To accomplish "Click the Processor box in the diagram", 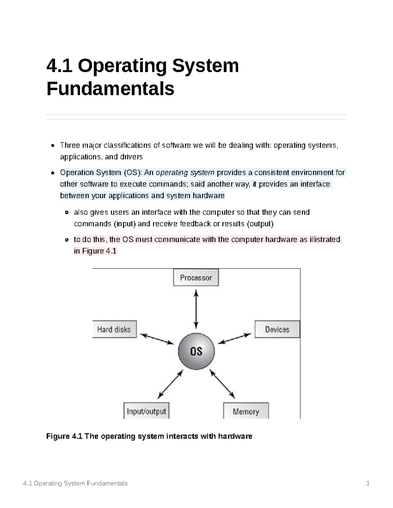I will [196, 277].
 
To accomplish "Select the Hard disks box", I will [114, 329].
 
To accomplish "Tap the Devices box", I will [277, 329].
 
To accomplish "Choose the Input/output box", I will [146, 411].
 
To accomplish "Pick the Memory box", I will [246, 411].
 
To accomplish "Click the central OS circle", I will [196, 351].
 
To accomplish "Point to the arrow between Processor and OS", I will [196, 309].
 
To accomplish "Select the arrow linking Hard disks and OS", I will [157, 339].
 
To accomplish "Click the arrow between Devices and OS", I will [234, 339].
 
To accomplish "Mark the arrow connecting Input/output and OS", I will [170, 384].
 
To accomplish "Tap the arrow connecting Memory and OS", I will [222, 384].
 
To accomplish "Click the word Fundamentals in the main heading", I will [110, 89].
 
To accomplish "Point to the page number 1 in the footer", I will [368, 483].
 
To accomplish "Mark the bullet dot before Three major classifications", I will [52, 145].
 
